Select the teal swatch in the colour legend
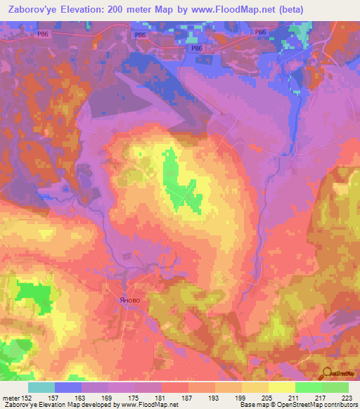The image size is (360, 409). [x=41, y=387]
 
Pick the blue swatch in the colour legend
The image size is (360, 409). [x=68, y=387]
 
